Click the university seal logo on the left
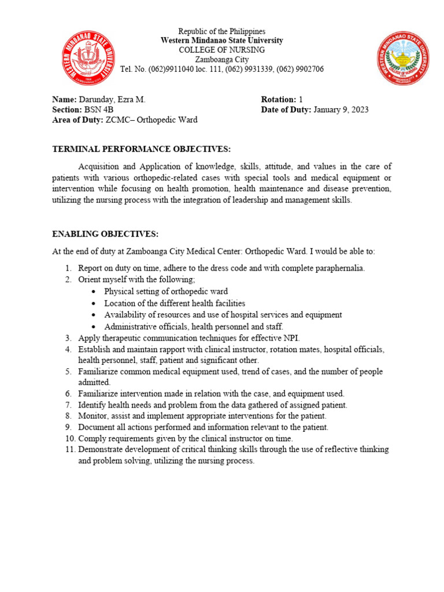(88, 57)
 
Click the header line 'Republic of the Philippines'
(221, 31)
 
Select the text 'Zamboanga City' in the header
(221, 60)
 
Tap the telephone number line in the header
(221, 69)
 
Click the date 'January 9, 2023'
(341, 110)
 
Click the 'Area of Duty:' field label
(77, 120)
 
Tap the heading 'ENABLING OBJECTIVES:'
(105, 234)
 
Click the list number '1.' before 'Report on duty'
(68, 269)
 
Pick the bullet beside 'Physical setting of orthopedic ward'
(94, 292)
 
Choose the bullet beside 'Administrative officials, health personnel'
(94, 327)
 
